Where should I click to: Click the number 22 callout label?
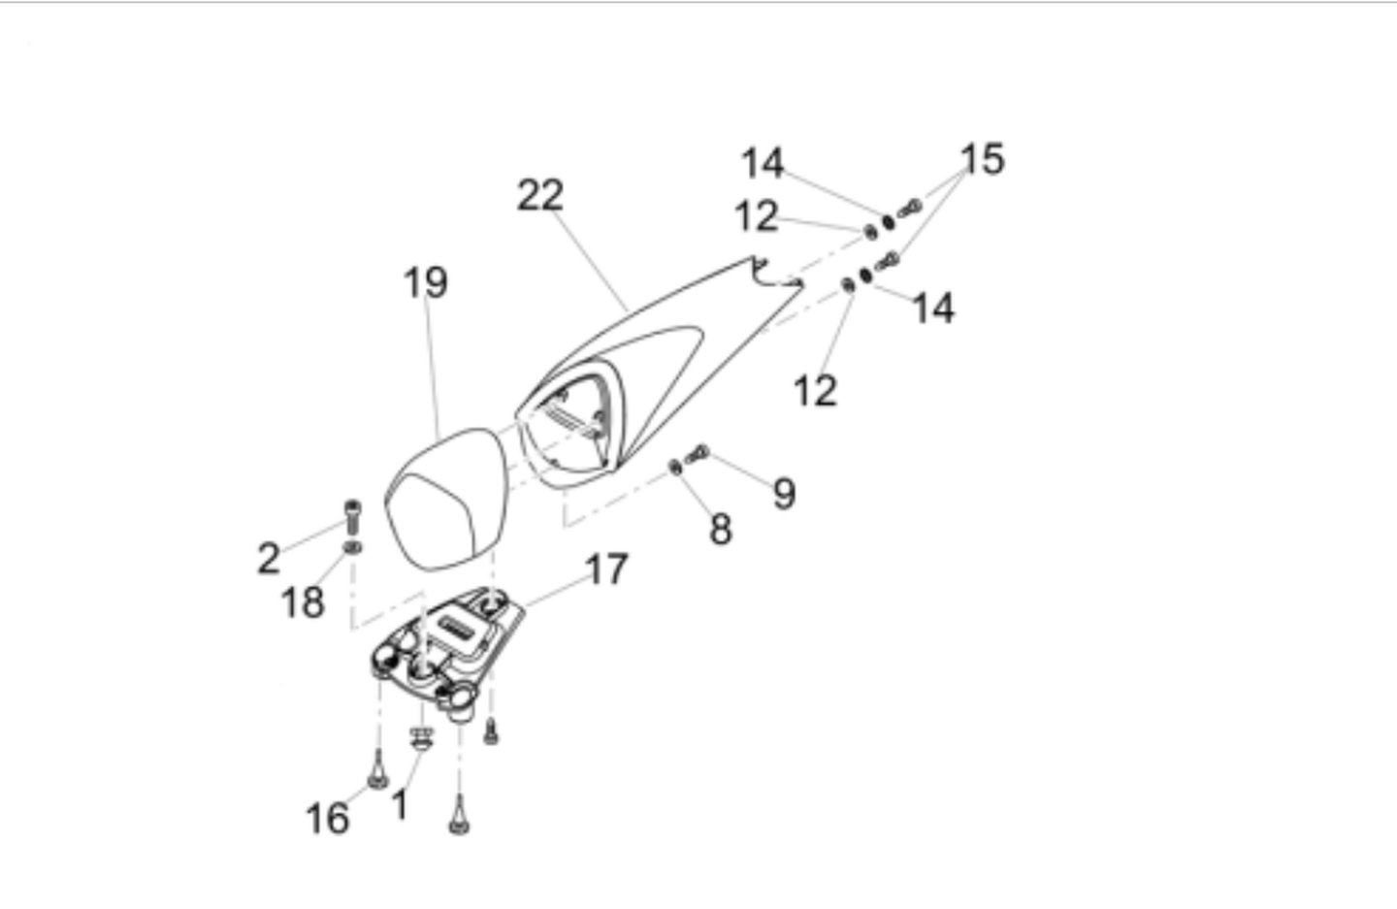540,195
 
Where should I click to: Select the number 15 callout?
982,158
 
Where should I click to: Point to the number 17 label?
606,568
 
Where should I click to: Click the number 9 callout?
784,493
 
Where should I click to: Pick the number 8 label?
720,530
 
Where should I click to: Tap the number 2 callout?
268,558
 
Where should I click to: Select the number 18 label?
303,602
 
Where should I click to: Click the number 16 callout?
328,818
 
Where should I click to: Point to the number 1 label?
399,804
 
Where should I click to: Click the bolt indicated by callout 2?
352,516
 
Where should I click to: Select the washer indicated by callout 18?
352,547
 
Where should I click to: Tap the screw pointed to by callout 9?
698,454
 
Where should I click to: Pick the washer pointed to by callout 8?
675,467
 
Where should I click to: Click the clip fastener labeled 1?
422,737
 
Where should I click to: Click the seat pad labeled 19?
444,500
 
